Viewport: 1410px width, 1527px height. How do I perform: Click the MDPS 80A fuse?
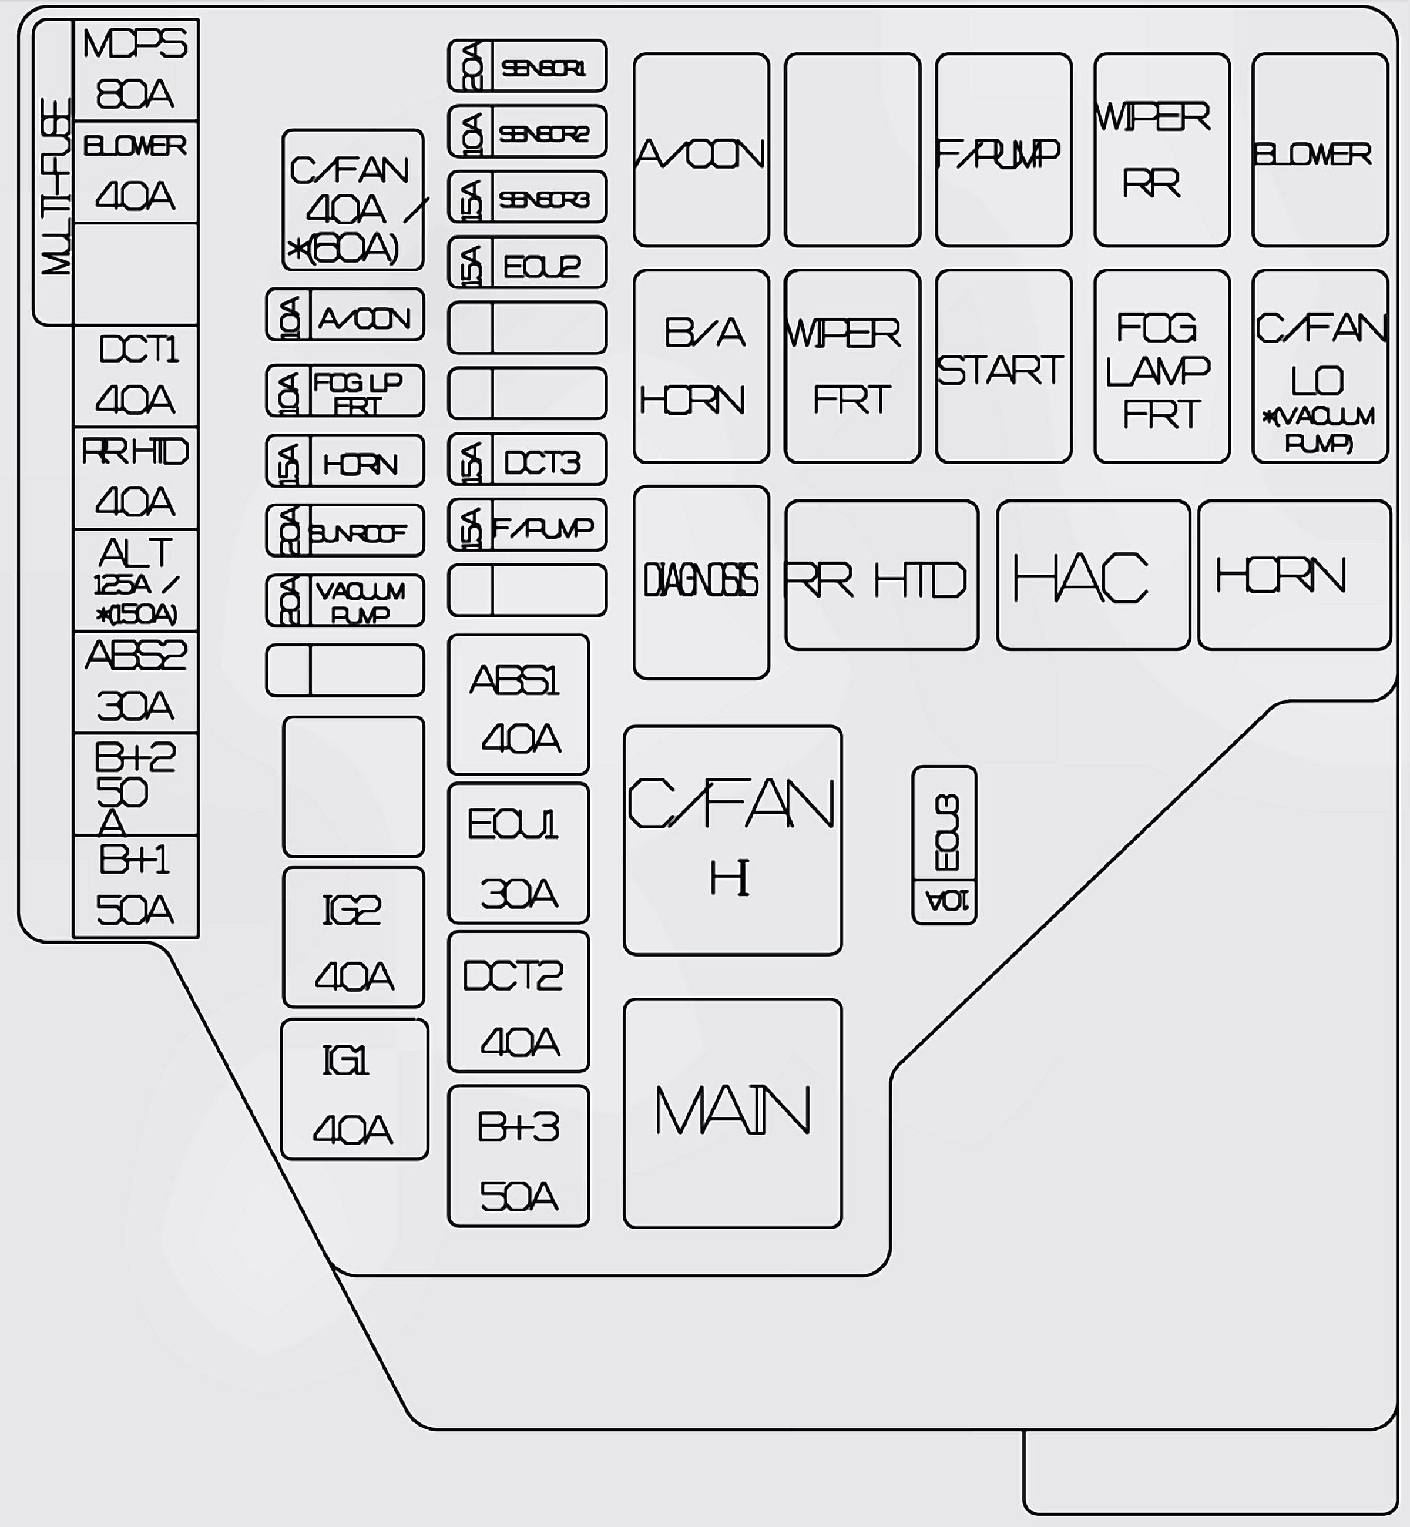click(135, 70)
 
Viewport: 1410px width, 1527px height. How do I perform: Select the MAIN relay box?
click(733, 1113)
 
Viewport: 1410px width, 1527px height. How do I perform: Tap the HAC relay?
click(1093, 575)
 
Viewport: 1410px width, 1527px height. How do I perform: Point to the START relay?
click(1003, 366)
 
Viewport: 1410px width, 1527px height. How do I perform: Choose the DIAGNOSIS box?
click(700, 582)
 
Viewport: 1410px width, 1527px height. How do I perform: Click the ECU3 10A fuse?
click(944, 845)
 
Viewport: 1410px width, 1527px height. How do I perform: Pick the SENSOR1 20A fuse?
click(527, 66)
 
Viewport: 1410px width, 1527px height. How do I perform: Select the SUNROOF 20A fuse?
click(345, 531)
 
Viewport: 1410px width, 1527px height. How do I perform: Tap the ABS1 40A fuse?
click(518, 704)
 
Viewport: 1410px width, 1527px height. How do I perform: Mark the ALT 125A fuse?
click(135, 580)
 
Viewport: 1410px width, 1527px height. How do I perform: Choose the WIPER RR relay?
click(1161, 150)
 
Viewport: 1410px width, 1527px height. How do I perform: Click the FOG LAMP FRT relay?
click(1161, 366)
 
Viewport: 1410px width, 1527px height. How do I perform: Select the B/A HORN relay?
click(700, 366)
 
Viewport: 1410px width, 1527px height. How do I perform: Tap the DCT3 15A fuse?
click(527, 460)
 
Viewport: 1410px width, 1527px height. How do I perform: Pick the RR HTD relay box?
click(881, 575)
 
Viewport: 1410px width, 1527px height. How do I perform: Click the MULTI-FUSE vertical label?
click(53, 183)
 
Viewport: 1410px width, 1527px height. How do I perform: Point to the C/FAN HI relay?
click(733, 840)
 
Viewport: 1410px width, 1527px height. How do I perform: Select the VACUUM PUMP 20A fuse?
click(345, 601)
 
